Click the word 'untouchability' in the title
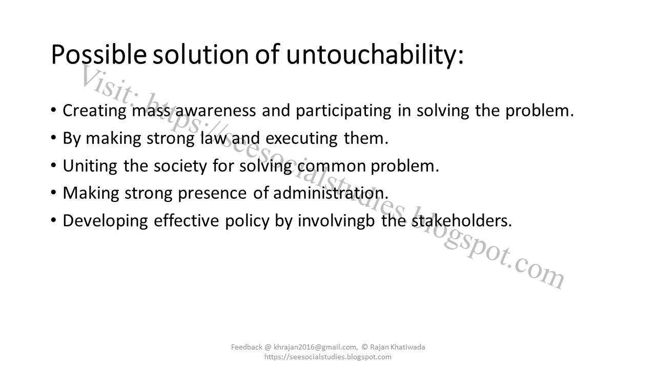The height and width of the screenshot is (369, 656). pos(374,54)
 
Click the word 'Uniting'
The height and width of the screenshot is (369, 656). pos(90,166)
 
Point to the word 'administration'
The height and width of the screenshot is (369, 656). pos(331,193)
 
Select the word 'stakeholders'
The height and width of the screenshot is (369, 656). pos(461,221)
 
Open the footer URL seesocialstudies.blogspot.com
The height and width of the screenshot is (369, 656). pos(328,357)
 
